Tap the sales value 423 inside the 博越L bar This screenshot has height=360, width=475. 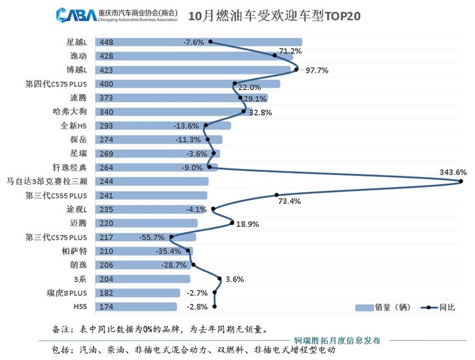pos(107,70)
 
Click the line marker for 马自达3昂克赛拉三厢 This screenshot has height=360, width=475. pos(462,181)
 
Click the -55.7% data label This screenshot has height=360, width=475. pos(152,236)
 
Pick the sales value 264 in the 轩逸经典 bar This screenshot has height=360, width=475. pos(107,168)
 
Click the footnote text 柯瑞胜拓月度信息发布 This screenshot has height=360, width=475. pos(341,341)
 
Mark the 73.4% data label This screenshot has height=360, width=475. pos(288,201)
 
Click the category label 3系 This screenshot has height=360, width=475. pos(80,279)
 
